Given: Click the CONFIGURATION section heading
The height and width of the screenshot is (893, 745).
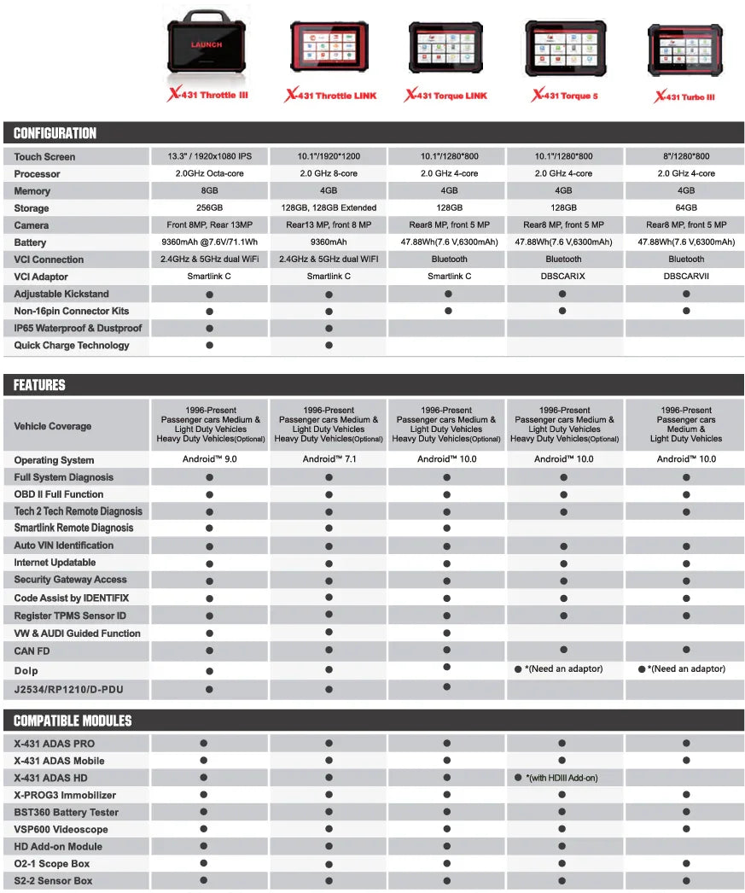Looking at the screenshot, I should point(55,133).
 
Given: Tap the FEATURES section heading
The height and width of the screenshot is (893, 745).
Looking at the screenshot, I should point(39,385).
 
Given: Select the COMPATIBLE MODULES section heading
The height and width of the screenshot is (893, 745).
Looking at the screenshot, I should point(73,721).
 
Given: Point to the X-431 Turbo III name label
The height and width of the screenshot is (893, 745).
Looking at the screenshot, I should point(684,97).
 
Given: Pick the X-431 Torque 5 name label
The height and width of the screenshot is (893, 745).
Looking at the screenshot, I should point(564,96).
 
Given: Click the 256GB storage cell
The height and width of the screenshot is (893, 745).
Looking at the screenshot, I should point(209,207).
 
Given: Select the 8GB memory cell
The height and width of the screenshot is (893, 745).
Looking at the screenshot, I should point(209,190).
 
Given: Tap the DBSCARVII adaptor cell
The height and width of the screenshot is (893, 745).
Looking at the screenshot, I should point(686,277).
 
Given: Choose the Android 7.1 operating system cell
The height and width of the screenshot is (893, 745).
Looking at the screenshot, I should point(329,459).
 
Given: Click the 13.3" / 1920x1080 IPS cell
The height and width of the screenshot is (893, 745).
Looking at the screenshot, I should point(209,156).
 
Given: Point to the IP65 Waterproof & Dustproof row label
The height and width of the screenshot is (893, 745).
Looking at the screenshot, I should point(78,328).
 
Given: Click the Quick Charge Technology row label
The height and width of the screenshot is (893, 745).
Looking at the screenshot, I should point(72,345).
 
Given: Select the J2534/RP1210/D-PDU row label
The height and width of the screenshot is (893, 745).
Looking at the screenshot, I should point(69,689).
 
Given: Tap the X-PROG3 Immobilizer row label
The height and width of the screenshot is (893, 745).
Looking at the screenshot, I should point(65,795).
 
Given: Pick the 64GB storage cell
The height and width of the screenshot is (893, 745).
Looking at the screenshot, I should point(686,207).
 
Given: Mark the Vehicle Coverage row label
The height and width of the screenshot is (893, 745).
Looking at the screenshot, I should point(52,426).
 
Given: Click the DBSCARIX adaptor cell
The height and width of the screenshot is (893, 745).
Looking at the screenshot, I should point(563,277).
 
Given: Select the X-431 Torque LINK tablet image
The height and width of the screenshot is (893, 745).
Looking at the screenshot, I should point(445,48).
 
